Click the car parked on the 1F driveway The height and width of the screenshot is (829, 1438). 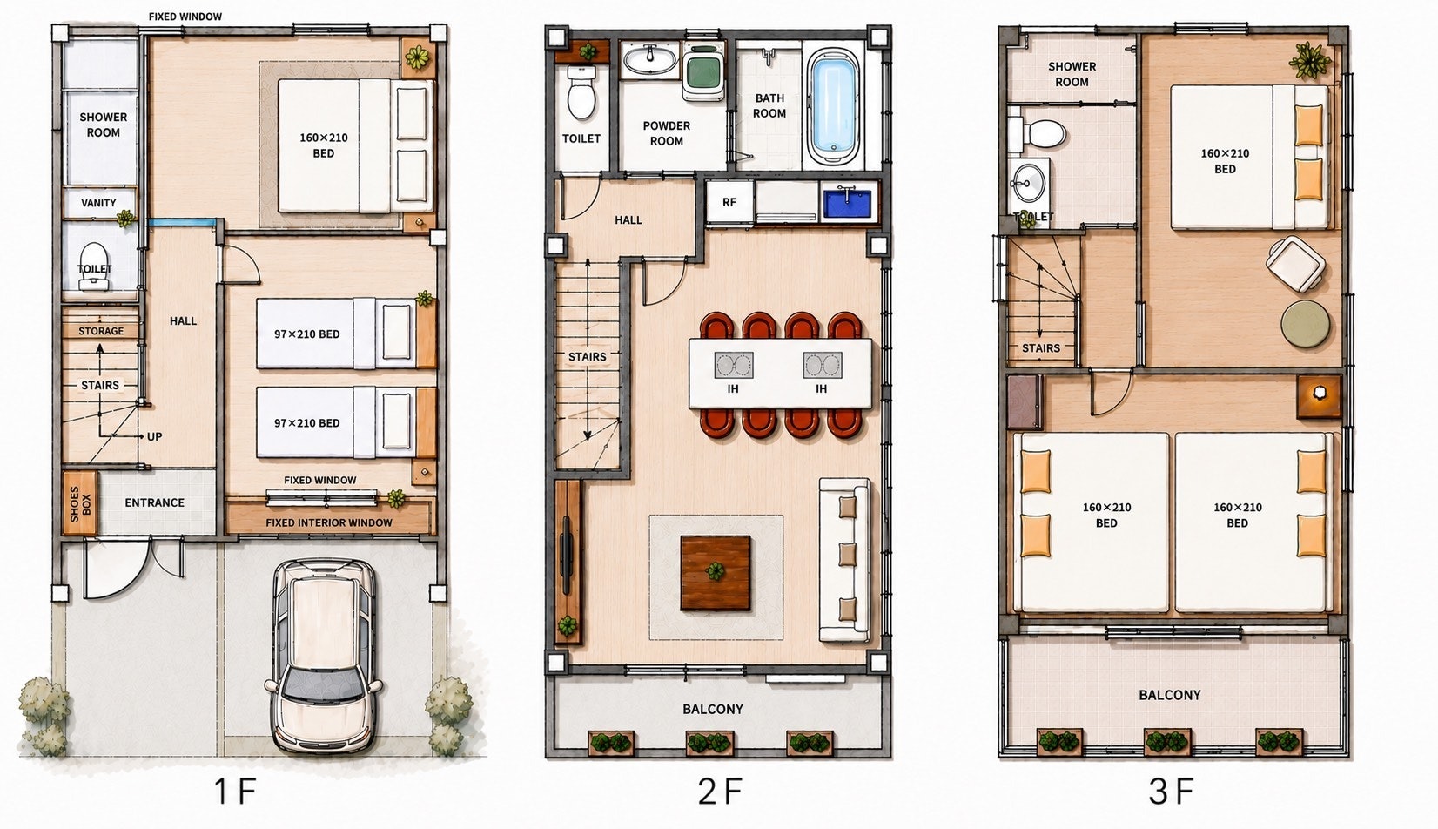(323, 656)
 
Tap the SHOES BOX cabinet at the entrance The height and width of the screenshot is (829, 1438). (79, 502)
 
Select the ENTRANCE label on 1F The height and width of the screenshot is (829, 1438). (155, 502)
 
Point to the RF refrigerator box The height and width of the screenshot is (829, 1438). (729, 202)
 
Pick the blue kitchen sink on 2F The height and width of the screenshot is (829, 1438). (848, 202)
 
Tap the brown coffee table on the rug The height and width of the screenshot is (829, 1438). (716, 572)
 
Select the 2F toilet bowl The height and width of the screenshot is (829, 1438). (581, 93)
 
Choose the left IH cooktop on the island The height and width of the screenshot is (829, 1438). (733, 365)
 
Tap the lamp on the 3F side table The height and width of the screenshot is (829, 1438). (1319, 393)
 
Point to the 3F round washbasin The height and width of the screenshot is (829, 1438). (1028, 184)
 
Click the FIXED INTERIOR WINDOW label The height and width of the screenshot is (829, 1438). (329, 522)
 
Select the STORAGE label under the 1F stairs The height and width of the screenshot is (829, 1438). (101, 332)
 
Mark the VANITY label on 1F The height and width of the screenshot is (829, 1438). (99, 203)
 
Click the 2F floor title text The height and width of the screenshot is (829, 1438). (720, 792)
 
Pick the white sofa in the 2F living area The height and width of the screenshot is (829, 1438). (845, 560)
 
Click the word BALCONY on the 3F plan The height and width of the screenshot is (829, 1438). (1170, 696)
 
